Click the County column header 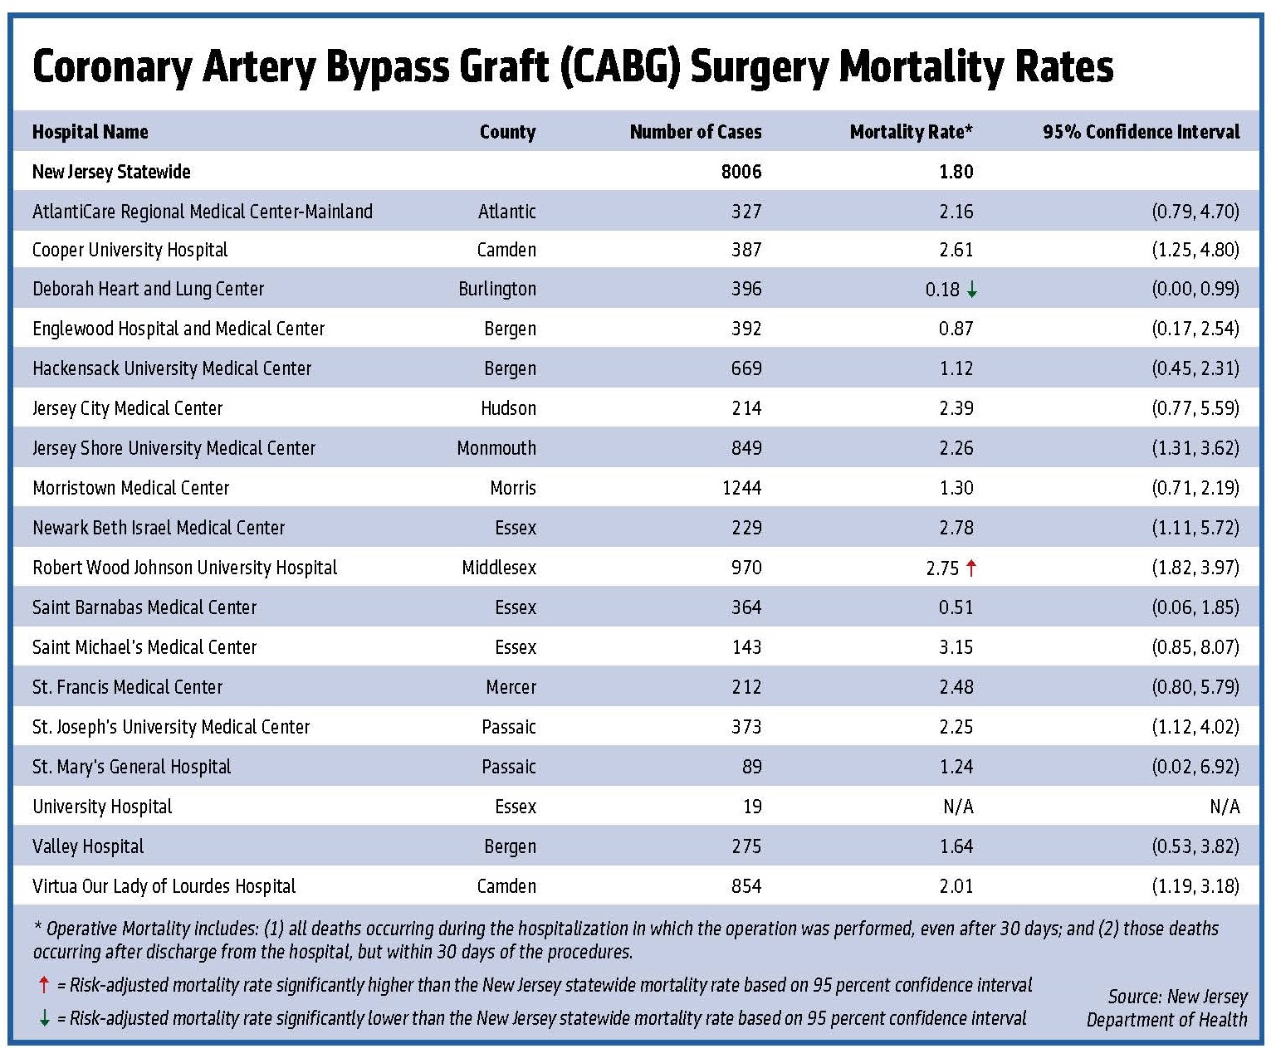click(x=507, y=132)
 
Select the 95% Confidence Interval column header click(x=1141, y=132)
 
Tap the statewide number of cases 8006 click(x=741, y=172)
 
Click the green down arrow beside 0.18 click(x=972, y=290)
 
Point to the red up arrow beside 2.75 click(x=971, y=568)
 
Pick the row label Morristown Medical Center click(x=130, y=488)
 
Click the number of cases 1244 click(x=741, y=488)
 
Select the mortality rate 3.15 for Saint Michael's click(x=956, y=647)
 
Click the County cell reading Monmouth click(x=496, y=448)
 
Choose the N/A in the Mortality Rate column click(x=957, y=807)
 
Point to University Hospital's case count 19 click(x=752, y=807)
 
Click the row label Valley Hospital click(x=88, y=846)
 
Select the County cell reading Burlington click(x=496, y=289)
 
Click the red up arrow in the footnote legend click(x=44, y=986)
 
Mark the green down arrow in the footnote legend click(x=44, y=1018)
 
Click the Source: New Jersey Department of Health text click(x=1166, y=1008)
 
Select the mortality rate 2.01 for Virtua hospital click(x=956, y=886)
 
